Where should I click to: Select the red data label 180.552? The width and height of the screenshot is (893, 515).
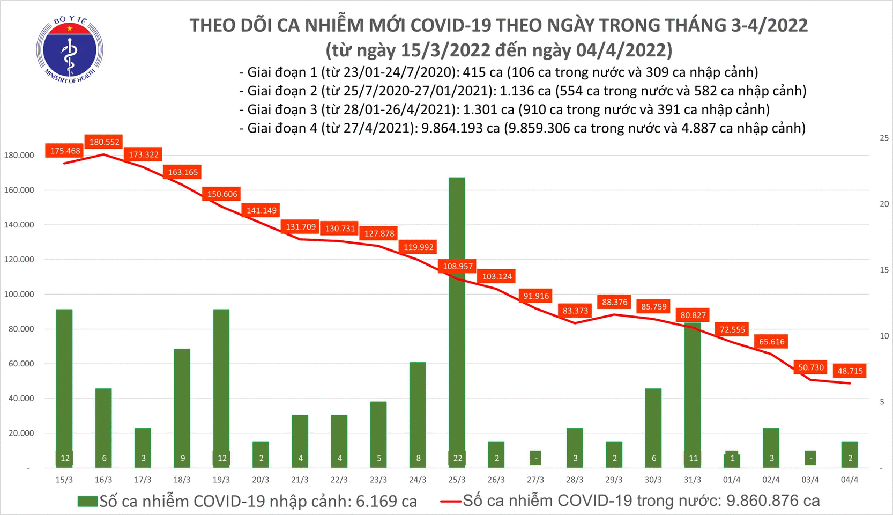(x=105, y=142)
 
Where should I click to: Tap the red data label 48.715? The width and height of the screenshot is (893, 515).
(x=850, y=371)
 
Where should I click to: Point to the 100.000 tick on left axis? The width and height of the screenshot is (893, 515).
(x=19, y=294)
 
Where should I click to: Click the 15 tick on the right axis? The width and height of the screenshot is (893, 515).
(x=884, y=270)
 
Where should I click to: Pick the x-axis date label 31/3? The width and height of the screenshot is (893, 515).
(x=693, y=480)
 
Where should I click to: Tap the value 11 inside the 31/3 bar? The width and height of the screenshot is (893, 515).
(x=693, y=458)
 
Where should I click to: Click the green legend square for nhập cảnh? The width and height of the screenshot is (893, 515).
(x=87, y=502)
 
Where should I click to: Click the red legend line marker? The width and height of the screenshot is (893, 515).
(x=450, y=502)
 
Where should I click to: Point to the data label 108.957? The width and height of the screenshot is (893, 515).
(x=458, y=266)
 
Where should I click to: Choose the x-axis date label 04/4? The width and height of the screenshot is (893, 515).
(x=850, y=480)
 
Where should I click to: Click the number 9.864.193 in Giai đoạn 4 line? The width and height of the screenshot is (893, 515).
(x=460, y=128)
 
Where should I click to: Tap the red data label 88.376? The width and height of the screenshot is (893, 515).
(x=614, y=302)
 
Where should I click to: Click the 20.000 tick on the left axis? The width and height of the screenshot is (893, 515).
(x=21, y=433)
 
